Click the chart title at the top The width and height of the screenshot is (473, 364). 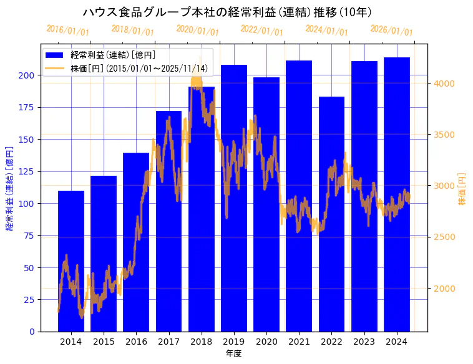click(228, 12)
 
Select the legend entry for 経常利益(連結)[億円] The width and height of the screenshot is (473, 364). click(113, 55)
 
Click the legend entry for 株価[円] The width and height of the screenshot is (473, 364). click(139, 69)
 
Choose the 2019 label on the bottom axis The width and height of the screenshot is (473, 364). click(234, 342)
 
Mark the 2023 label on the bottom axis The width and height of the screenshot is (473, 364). click(364, 342)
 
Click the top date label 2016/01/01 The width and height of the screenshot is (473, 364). click(68, 30)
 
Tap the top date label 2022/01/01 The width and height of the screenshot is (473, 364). click(262, 30)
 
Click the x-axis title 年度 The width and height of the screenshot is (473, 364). click(233, 353)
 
